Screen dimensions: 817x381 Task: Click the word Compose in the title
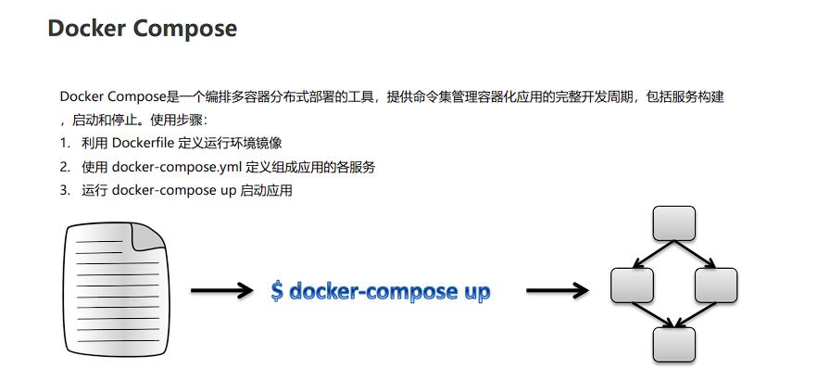tap(184, 29)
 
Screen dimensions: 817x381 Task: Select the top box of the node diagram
tap(673, 223)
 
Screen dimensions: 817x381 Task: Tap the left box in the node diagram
tap(632, 285)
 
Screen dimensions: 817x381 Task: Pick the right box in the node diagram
tap(715, 285)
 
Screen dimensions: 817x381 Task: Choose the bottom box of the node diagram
tap(673, 345)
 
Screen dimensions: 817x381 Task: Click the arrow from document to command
tap(221, 291)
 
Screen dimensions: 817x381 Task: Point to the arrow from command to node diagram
tap(557, 291)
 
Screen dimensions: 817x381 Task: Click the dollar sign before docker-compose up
tap(277, 291)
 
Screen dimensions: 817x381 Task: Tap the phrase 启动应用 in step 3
tap(266, 192)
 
